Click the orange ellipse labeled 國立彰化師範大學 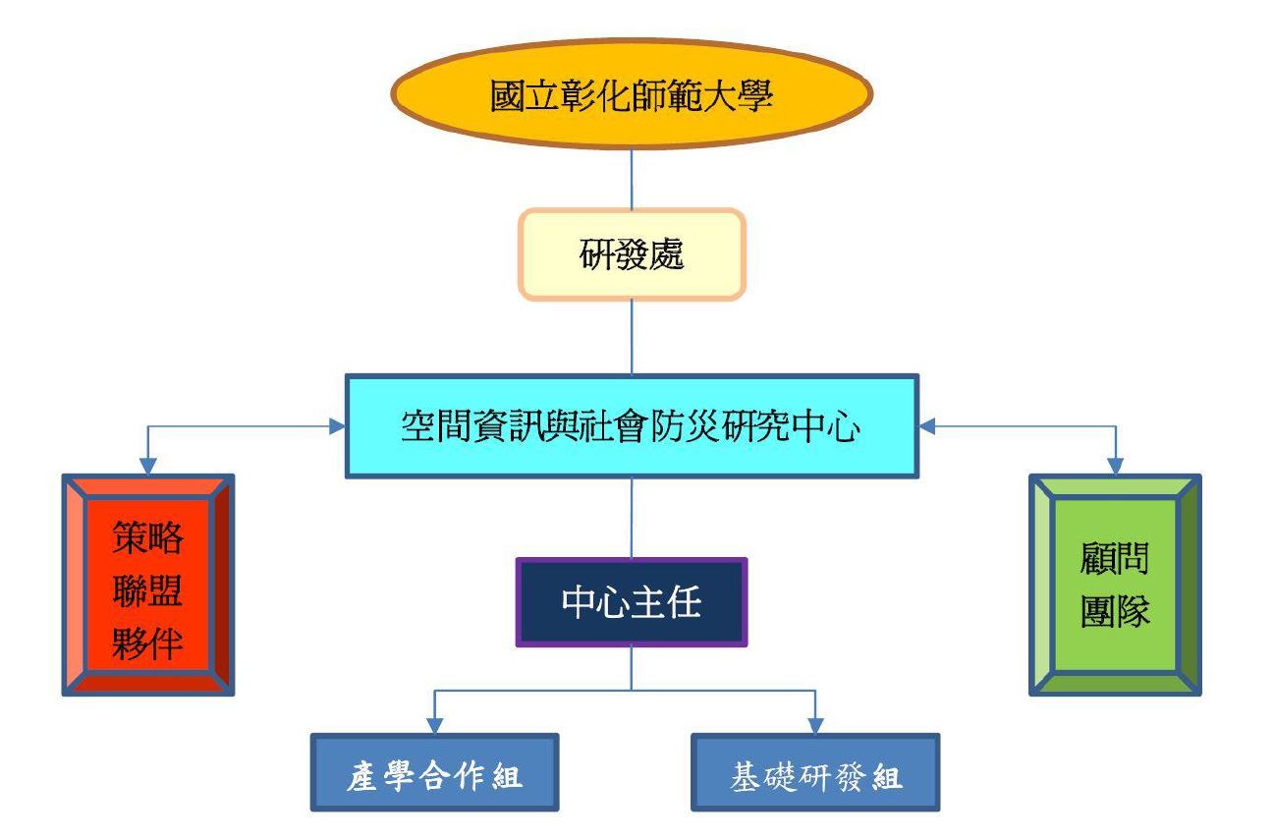tap(632, 94)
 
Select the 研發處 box tap(632, 254)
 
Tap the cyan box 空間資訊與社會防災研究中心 tap(632, 426)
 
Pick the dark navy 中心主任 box tap(632, 602)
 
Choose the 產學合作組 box tap(434, 772)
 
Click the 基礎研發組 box tap(815, 772)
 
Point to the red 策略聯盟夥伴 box tap(147, 585)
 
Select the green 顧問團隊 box tap(1115, 585)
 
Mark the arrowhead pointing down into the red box tap(147, 466)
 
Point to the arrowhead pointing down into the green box tap(1115, 466)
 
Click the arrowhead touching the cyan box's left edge tap(337, 426)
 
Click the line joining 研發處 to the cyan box tap(632, 337)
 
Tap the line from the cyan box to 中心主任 tap(632, 519)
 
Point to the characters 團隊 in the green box tap(1115, 611)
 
